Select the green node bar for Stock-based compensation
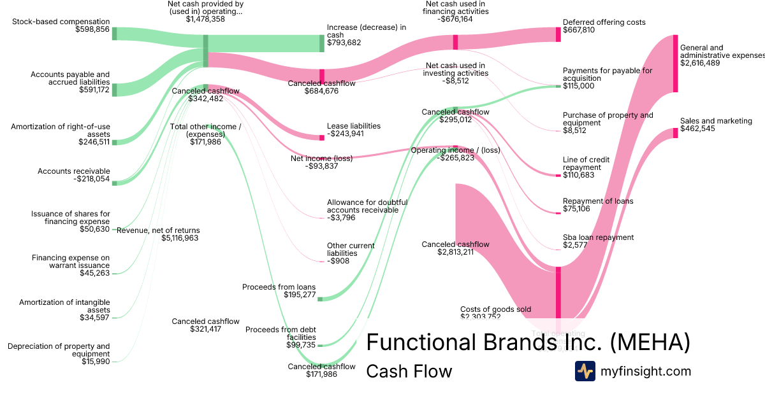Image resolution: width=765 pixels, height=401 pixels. (x=115, y=33)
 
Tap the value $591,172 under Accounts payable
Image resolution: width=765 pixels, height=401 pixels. (x=94, y=90)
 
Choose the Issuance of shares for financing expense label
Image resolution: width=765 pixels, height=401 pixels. (x=69, y=218)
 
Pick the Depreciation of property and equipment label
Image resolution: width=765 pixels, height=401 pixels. (x=59, y=350)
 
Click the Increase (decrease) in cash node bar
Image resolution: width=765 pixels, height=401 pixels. (x=322, y=43)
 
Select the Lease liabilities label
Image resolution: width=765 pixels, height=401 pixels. (x=353, y=126)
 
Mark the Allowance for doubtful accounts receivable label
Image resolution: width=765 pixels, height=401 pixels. (x=367, y=206)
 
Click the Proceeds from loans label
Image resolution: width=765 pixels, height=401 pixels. (x=279, y=287)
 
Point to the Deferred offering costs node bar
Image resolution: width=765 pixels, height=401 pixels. (x=558, y=34)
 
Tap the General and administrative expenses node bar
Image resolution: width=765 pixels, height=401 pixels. (x=675, y=63)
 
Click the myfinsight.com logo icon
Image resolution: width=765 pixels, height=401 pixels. (x=585, y=371)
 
